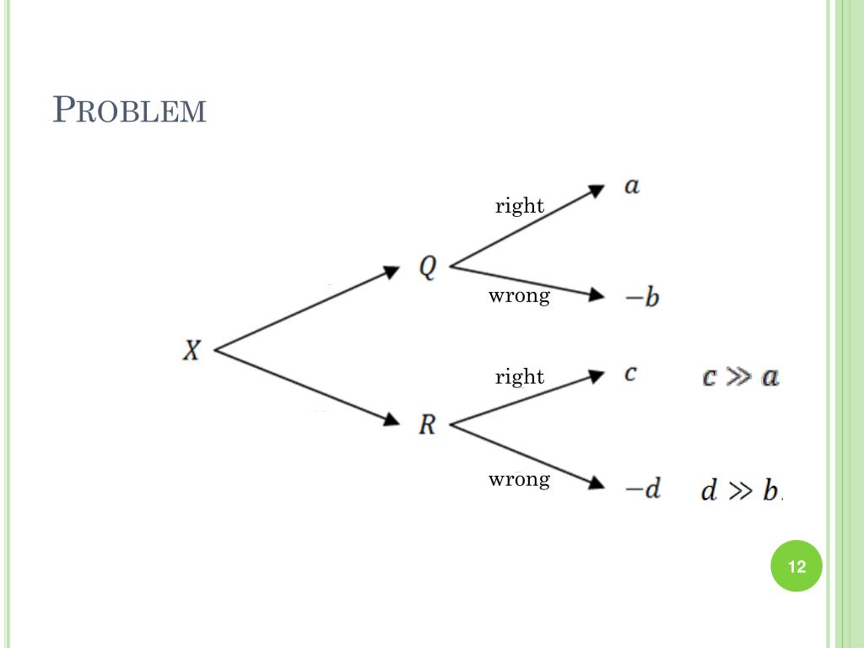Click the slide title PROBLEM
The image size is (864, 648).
129,111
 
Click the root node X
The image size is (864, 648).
192,350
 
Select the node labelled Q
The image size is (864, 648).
429,267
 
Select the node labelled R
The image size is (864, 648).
428,424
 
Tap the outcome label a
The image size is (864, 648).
632,186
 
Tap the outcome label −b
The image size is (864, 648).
640,298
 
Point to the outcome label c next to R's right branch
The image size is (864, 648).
630,374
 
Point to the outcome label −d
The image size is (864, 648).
641,489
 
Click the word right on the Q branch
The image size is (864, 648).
520,206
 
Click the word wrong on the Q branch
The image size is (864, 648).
519,295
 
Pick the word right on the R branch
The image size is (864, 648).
520,376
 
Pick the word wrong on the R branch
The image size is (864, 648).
519,479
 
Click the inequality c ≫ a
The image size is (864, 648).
740,376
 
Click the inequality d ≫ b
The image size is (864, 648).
741,490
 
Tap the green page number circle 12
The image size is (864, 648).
796,566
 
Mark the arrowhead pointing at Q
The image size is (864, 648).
391,272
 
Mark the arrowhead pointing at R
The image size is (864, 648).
391,419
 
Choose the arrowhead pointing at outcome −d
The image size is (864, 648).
597,484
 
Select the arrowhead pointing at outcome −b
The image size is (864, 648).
597,295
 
